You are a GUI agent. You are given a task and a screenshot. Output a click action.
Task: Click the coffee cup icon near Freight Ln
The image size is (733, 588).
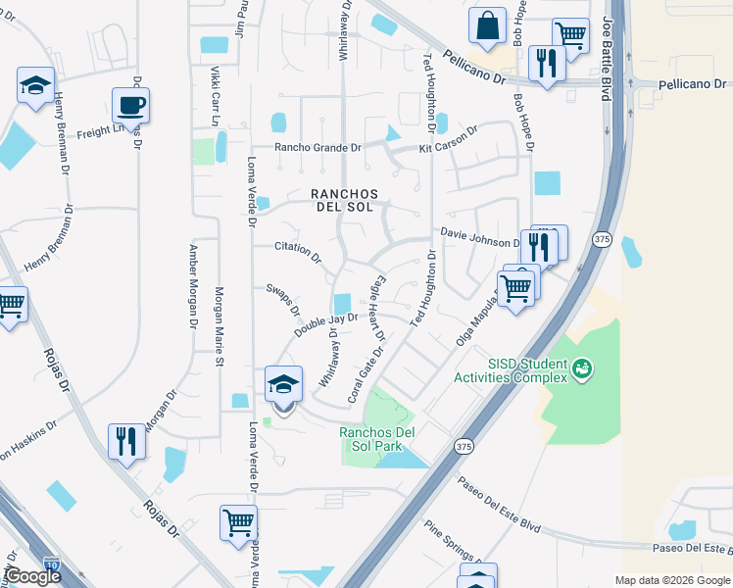click(129, 105)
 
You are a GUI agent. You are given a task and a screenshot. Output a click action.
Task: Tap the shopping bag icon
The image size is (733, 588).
click(487, 26)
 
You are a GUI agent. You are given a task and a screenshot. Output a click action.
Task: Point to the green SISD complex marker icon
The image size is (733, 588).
click(583, 368)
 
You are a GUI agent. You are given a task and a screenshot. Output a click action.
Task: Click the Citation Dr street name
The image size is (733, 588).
click(298, 253)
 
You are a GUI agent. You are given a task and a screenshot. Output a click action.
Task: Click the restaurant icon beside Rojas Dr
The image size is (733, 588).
click(126, 441)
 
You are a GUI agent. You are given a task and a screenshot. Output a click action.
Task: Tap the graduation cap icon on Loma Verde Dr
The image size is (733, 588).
click(283, 384)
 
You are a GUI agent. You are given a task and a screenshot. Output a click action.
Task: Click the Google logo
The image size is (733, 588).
click(32, 576)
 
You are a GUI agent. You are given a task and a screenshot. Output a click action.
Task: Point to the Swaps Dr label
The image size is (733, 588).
click(283, 300)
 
